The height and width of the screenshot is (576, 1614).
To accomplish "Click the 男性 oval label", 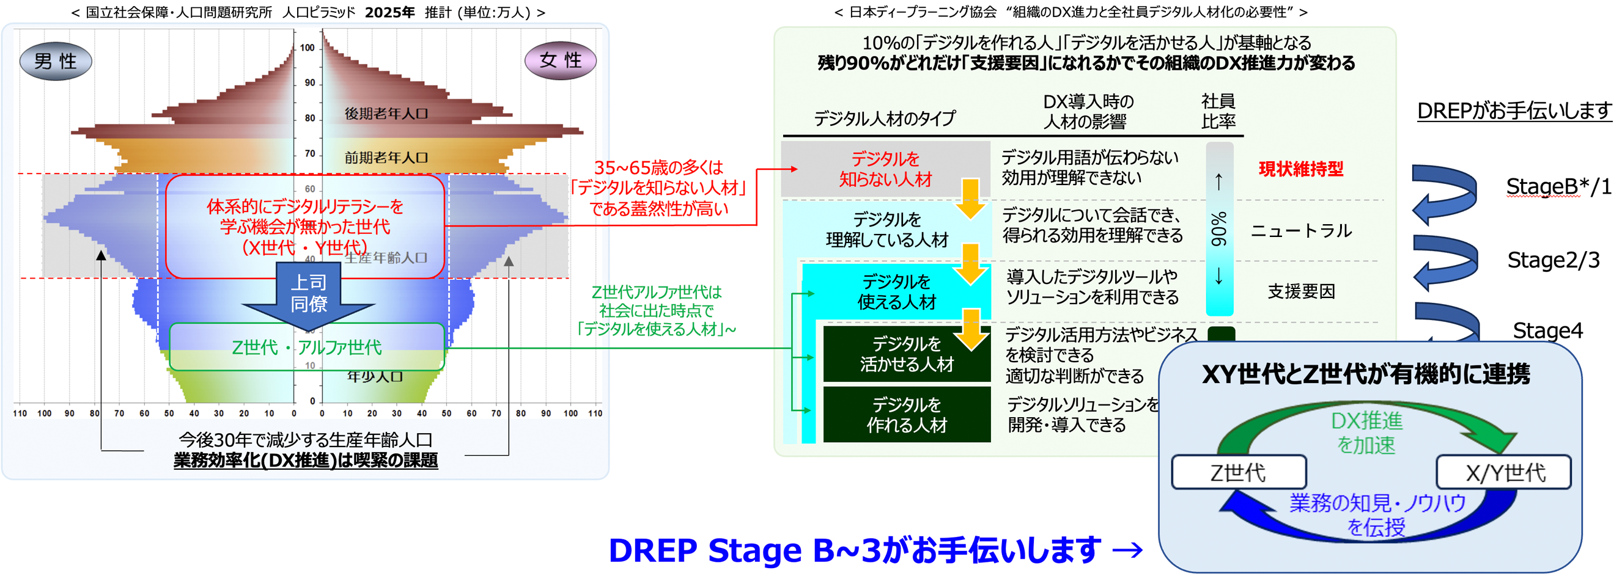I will click(x=56, y=60).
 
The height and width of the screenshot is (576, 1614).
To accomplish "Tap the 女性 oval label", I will click(x=560, y=60).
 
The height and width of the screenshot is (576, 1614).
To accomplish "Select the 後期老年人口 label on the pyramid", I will click(x=386, y=114).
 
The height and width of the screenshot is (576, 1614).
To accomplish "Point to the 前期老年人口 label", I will click(x=386, y=157).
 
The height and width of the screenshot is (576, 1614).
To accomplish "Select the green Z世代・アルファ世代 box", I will click(x=307, y=347).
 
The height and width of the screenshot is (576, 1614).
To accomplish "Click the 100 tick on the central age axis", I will click(x=307, y=48).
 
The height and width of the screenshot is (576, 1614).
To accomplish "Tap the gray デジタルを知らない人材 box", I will click(x=885, y=169).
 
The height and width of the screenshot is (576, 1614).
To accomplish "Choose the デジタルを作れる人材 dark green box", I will click(x=906, y=415).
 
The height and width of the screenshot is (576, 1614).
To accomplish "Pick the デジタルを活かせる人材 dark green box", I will click(x=906, y=354).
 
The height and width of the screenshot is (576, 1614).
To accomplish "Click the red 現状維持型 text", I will click(x=1301, y=169).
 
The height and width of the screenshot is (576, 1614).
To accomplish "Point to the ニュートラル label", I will click(x=1301, y=230).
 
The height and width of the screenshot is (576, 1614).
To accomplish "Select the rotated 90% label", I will click(x=1218, y=229).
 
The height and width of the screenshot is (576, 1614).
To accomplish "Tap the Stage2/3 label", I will click(x=1553, y=259).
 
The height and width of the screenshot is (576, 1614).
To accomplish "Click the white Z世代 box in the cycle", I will click(x=1238, y=472).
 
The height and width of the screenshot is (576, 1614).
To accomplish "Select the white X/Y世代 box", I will click(x=1505, y=472).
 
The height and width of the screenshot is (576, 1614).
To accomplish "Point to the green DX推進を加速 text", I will click(x=1366, y=432).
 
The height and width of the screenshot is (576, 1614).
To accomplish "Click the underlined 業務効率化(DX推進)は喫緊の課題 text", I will click(x=306, y=460).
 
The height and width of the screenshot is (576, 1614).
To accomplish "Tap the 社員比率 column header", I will click(x=1218, y=111).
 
